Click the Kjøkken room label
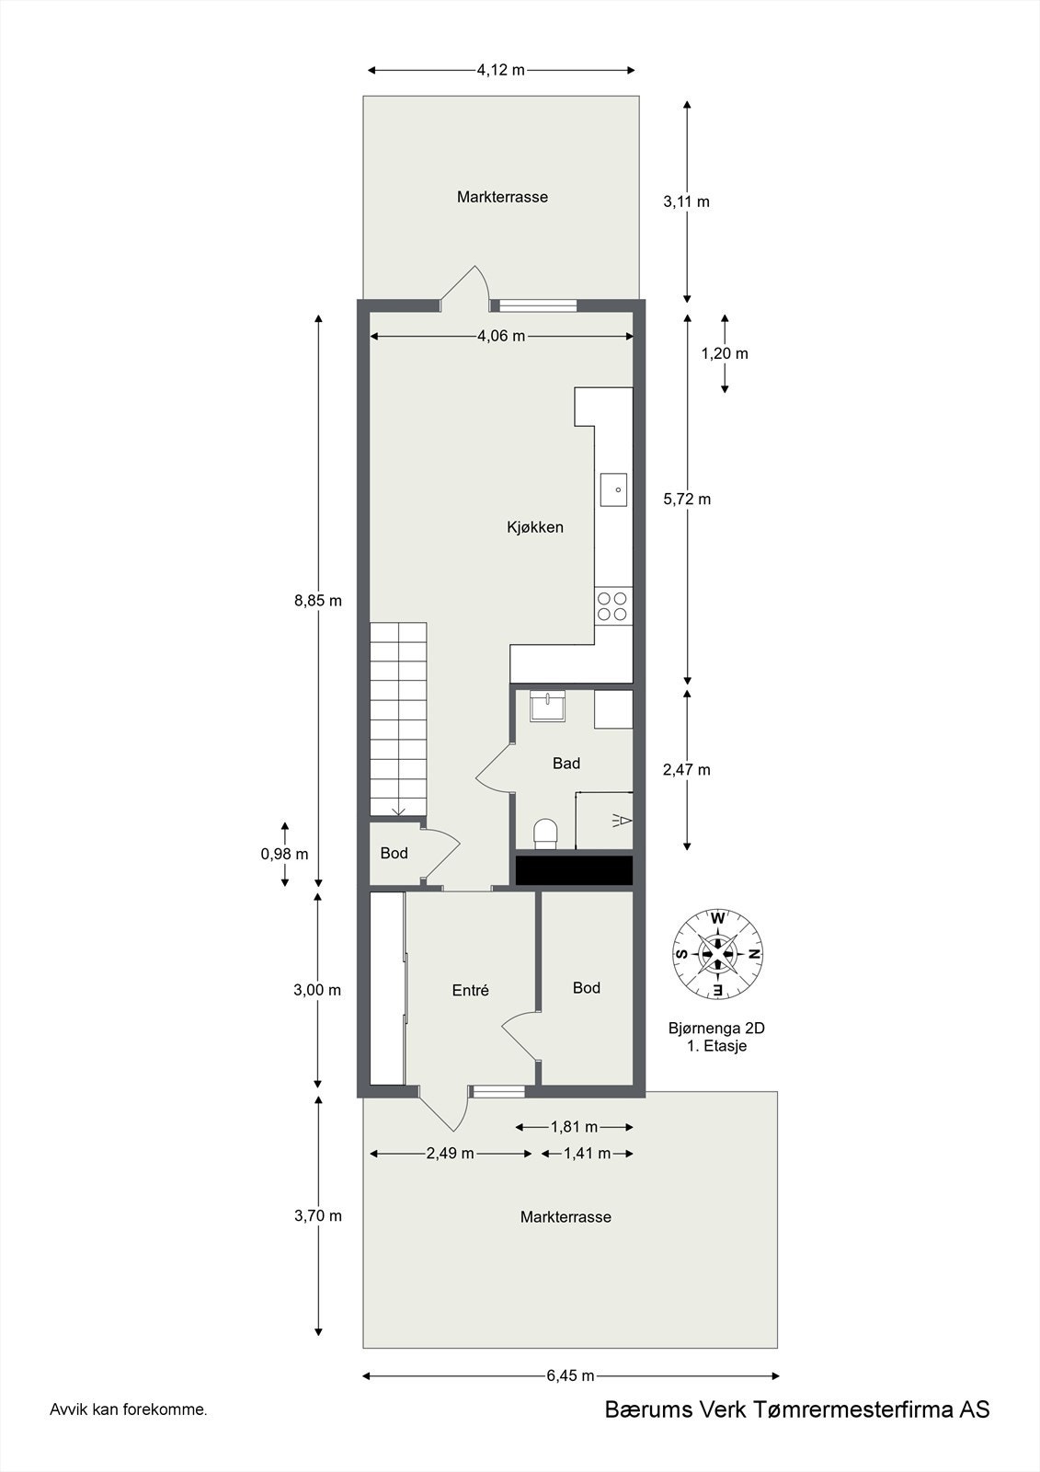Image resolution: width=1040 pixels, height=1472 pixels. pos(534,527)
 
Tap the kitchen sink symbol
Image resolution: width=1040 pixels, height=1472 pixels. pos(614,489)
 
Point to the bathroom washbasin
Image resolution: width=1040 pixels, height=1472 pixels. pos(547,707)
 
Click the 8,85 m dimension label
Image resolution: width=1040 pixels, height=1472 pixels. pos(317,601)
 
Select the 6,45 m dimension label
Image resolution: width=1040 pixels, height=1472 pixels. pos(570,1375)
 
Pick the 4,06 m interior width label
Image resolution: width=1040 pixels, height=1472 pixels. pos(501,336)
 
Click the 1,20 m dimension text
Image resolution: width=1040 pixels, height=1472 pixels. pos(725,353)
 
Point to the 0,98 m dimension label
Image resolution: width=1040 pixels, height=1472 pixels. pos(284,853)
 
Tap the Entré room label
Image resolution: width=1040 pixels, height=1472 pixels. pos(470,990)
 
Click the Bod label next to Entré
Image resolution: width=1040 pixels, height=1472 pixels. pos(586,987)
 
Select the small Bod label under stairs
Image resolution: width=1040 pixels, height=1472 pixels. pos(394,853)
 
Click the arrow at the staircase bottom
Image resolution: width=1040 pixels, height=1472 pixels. pos(399,810)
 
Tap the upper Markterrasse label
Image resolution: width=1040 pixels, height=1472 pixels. pos(502,197)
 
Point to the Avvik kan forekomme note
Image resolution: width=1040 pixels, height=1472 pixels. pos(129,1409)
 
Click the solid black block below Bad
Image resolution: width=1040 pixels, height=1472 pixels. pos(574,870)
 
